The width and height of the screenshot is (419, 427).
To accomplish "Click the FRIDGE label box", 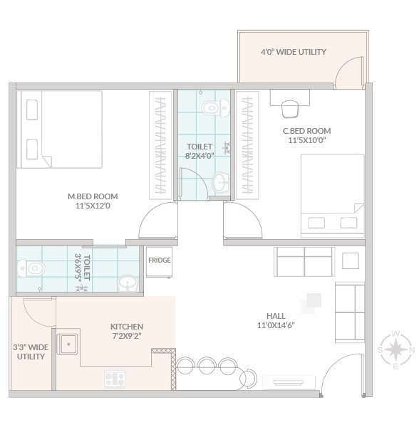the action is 159,262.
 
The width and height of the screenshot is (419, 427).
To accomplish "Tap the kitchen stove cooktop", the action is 115,379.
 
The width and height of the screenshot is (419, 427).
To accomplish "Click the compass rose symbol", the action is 395,350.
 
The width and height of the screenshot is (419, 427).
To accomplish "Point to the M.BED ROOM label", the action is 93,196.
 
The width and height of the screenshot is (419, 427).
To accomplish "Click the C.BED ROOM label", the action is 307,131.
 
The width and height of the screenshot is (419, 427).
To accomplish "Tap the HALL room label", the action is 276,316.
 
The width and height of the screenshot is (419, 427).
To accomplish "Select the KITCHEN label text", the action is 127,327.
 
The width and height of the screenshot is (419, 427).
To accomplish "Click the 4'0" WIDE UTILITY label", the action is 294,52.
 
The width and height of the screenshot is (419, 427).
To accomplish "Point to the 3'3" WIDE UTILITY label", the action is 31,352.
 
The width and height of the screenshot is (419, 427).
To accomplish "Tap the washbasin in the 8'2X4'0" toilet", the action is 220,181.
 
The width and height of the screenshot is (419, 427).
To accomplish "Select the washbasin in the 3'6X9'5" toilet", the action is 128,283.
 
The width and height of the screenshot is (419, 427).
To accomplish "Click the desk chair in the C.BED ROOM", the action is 289,109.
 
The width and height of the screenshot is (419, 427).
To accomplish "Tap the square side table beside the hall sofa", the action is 351,261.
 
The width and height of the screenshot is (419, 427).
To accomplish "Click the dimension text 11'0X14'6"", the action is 276,325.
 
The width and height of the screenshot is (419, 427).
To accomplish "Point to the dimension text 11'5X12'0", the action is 93,206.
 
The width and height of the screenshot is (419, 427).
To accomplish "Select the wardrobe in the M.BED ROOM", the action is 160,145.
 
